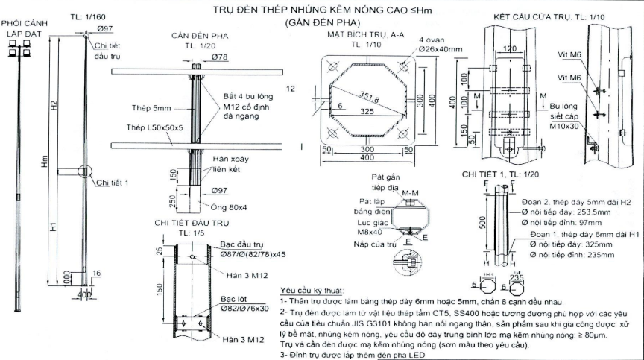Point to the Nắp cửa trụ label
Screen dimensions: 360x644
379,244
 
